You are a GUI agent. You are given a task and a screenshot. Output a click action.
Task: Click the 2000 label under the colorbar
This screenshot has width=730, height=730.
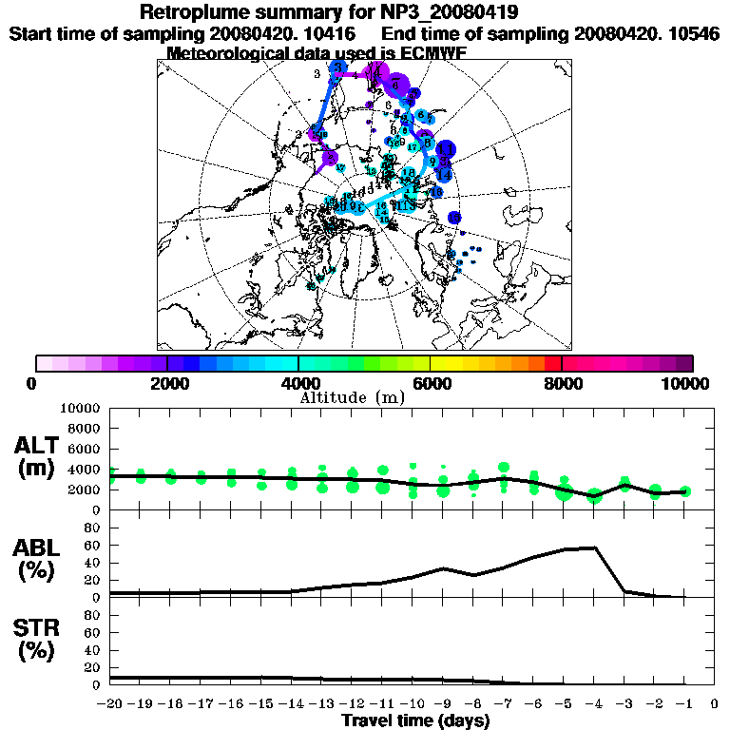(x=166, y=383)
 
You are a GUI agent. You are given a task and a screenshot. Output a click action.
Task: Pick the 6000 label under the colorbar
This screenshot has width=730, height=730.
(x=431, y=383)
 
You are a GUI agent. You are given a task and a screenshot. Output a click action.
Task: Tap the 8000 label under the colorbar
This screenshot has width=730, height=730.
(x=562, y=383)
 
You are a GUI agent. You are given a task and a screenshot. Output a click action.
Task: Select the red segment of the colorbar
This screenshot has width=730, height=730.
(x=553, y=363)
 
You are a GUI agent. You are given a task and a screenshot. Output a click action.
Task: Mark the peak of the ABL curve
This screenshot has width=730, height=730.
(x=595, y=547)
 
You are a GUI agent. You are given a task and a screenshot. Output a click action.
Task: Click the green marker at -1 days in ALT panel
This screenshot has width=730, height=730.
(x=685, y=491)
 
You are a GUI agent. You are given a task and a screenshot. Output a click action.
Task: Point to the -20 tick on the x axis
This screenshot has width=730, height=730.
(x=110, y=704)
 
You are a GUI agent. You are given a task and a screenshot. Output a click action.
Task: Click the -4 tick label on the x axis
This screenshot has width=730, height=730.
(x=592, y=704)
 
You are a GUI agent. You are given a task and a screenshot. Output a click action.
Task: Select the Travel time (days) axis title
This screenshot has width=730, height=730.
(x=414, y=720)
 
